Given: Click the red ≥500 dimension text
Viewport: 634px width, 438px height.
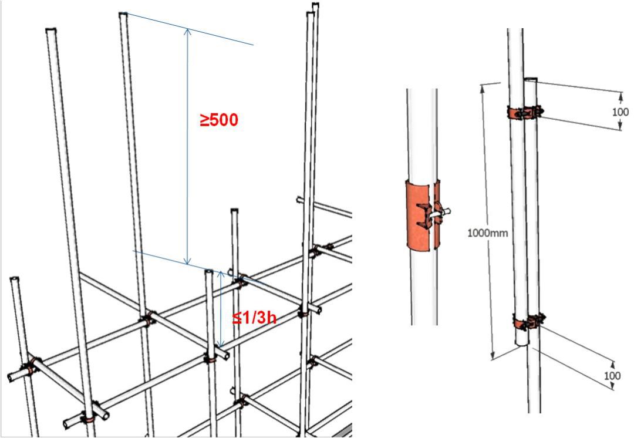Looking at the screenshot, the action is [219, 120].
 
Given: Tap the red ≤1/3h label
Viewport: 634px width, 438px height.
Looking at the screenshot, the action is [254, 318].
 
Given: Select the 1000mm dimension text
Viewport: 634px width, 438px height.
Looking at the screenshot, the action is [487, 233].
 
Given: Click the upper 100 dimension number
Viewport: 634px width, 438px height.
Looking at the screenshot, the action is [620, 112].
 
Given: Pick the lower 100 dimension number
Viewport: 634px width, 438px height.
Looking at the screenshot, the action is [612, 376].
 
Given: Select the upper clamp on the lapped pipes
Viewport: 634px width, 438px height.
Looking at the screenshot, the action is [525, 113].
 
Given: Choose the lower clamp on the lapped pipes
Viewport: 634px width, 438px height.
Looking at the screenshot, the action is [529, 322].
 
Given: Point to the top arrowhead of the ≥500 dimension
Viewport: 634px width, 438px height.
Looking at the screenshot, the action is [187, 31].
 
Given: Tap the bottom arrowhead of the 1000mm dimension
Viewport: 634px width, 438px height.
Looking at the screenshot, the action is [493, 356].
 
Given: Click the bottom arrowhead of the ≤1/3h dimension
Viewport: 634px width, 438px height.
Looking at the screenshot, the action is [220, 345].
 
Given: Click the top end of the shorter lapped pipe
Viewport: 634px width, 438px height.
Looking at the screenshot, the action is [530, 79].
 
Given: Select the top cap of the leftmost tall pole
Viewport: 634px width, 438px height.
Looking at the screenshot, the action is [50, 29].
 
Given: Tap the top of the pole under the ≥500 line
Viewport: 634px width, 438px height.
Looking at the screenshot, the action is [123, 14].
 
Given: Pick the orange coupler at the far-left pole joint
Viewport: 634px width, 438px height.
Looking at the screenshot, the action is [31, 366].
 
